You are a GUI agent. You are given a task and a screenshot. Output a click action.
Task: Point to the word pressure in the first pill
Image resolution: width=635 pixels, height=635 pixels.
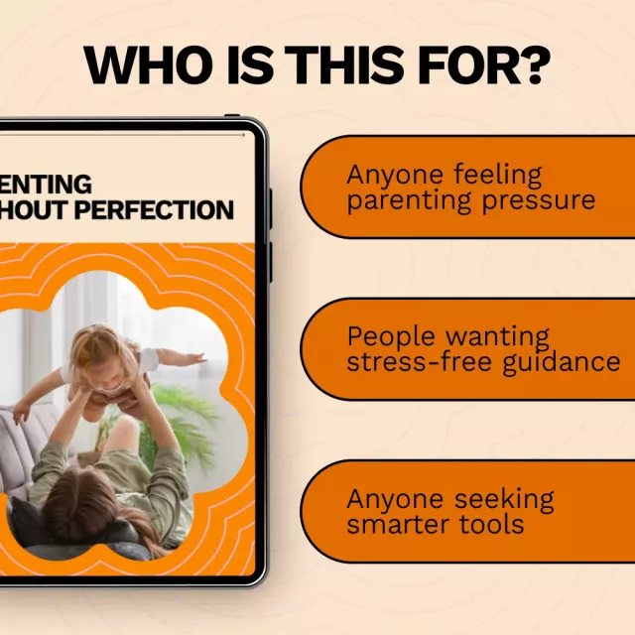[535, 200]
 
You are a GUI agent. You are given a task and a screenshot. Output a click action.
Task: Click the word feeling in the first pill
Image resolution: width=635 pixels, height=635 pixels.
[498, 176]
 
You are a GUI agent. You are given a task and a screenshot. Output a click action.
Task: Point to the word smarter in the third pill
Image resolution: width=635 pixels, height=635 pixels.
[393, 523]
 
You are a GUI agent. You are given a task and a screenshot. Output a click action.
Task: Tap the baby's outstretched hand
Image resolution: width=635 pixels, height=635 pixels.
[195, 357]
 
